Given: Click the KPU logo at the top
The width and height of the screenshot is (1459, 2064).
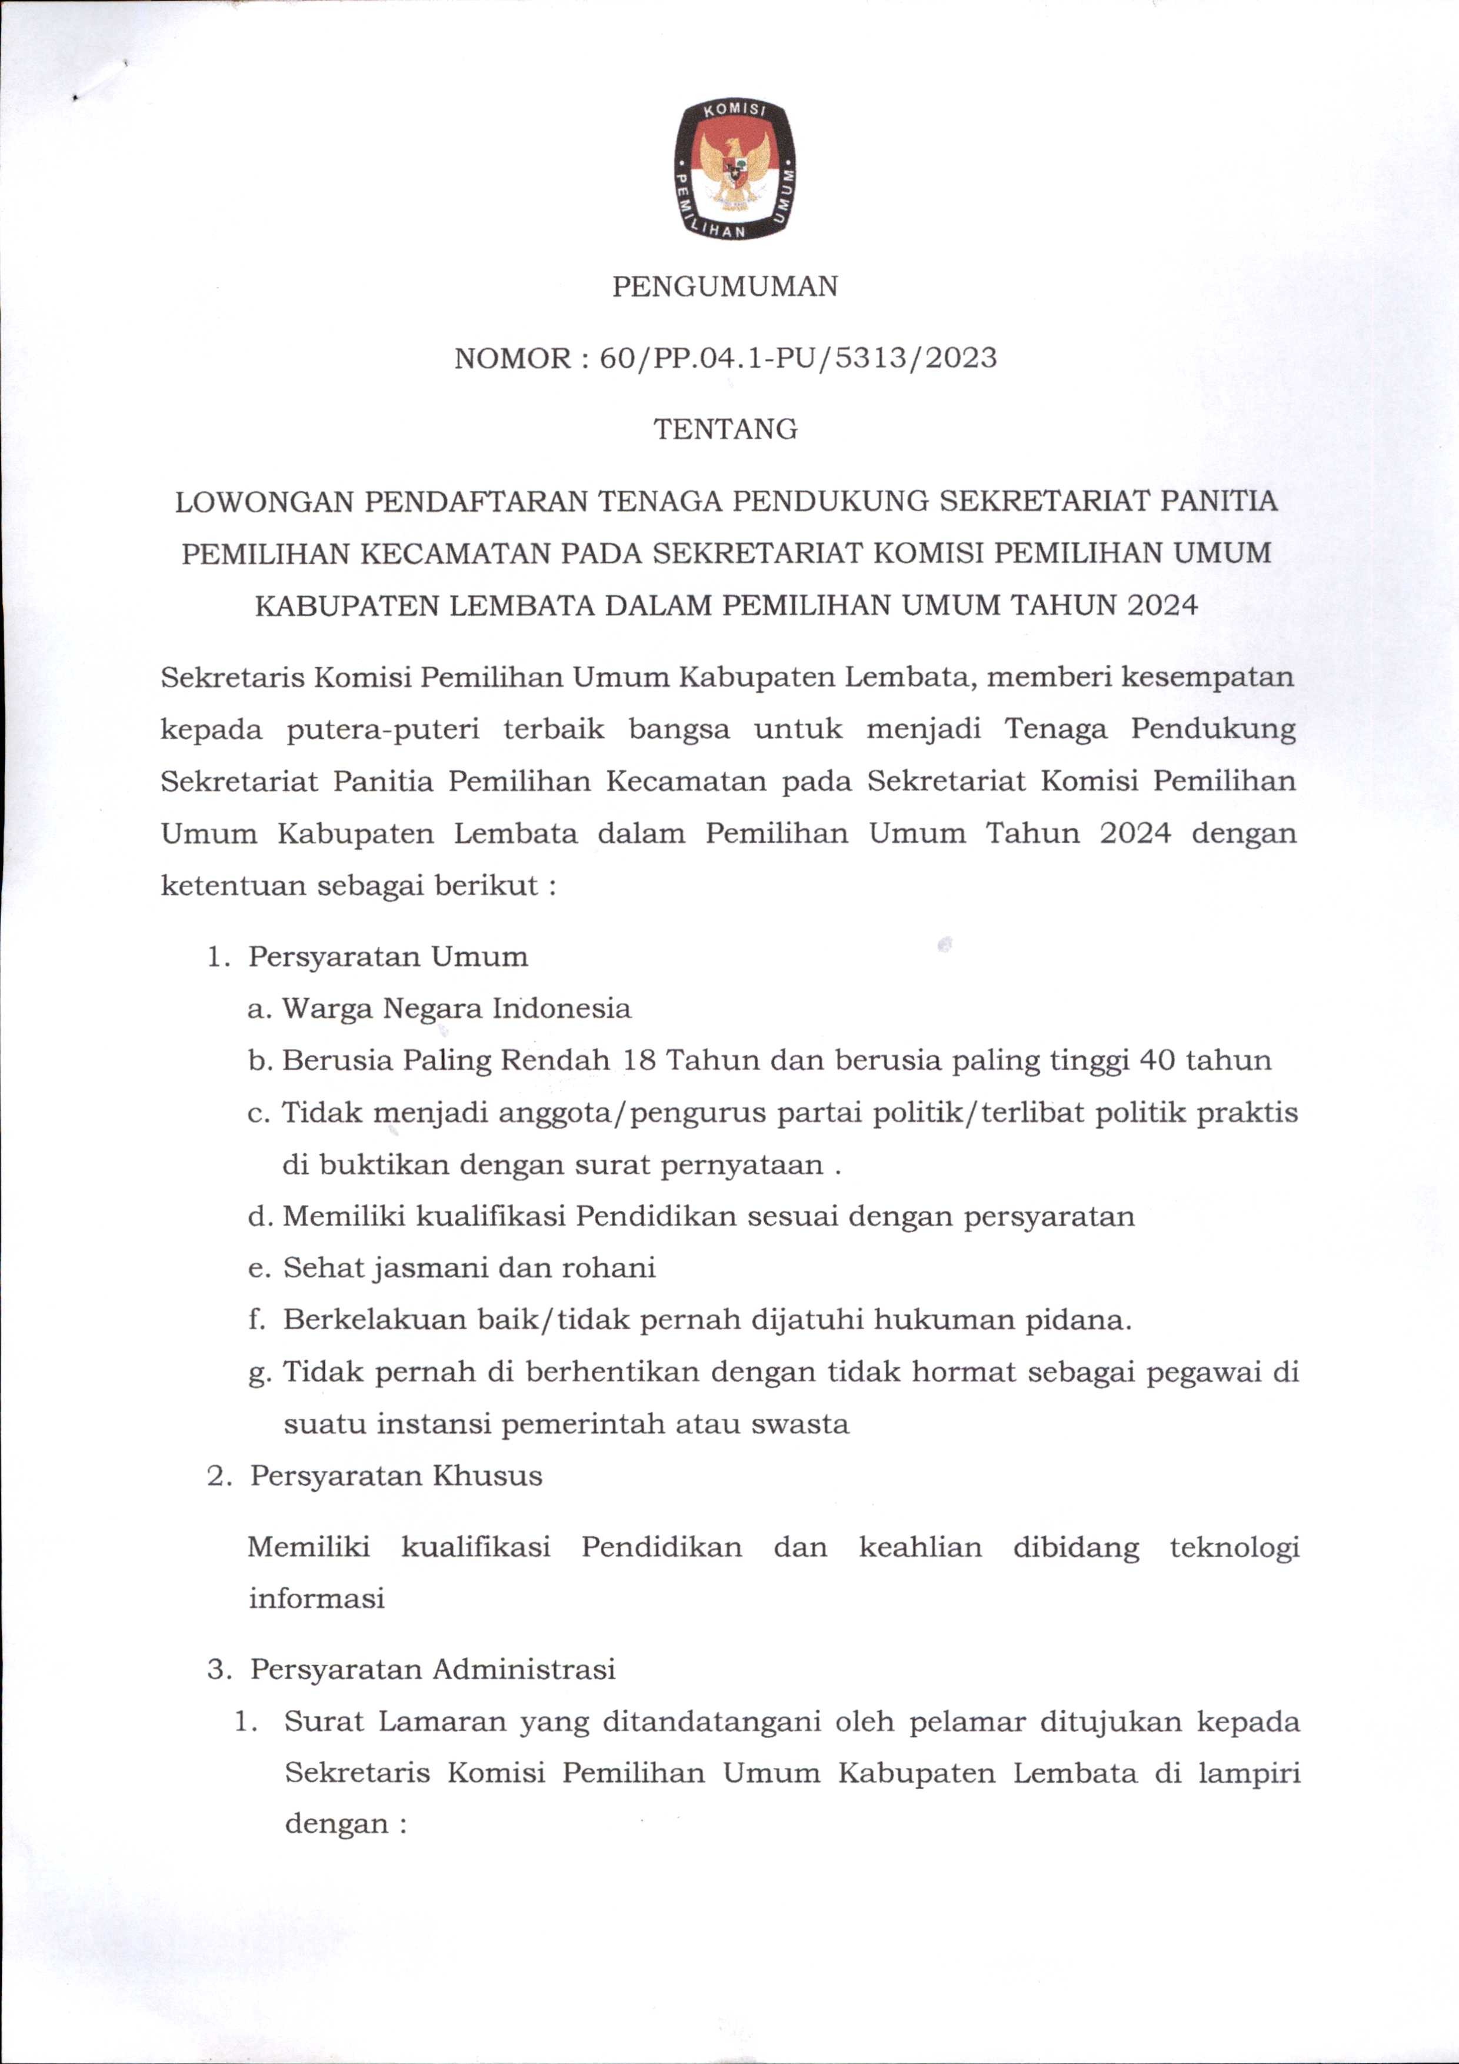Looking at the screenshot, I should click(x=734, y=171).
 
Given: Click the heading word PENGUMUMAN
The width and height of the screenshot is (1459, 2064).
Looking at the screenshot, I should click(x=725, y=287).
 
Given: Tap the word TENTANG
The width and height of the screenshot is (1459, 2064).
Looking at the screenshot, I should click(x=725, y=430).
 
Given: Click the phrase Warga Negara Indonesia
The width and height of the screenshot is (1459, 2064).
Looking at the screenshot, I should click(x=457, y=1008).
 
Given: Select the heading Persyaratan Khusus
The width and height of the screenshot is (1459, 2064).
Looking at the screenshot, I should click(x=397, y=1476).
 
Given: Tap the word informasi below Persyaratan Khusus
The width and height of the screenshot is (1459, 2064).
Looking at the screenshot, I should click(x=317, y=1599).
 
